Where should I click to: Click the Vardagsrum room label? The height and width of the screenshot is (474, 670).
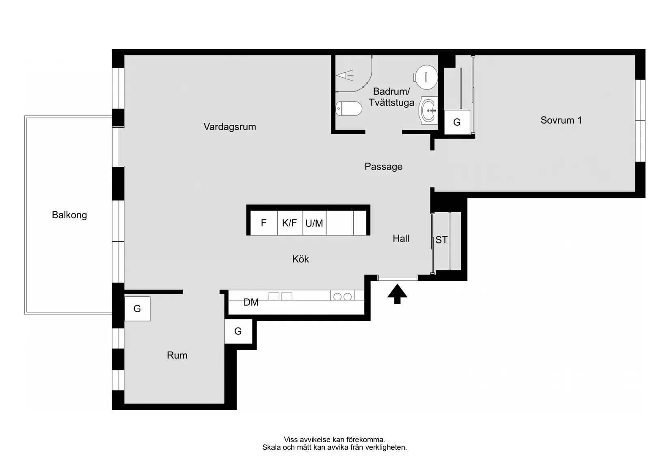click(229, 127)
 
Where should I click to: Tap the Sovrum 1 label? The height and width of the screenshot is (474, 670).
click(561, 120)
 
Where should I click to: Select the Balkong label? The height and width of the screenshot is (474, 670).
click(69, 215)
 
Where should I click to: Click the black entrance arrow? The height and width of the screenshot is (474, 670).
click(397, 294)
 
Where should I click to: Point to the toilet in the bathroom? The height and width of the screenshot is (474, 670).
click(349, 109)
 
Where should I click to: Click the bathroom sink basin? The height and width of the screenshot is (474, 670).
click(429, 110)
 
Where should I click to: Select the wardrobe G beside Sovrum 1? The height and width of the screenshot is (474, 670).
click(457, 122)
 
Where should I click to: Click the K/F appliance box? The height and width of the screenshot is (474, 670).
click(290, 223)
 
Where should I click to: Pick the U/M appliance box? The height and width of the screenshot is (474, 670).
click(314, 223)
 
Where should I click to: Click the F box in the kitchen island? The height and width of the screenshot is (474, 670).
click(264, 223)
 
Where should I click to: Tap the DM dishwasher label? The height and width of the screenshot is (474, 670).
click(251, 302)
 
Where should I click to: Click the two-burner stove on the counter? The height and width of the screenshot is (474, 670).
click(342, 297)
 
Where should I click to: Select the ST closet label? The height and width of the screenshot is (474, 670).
click(441, 240)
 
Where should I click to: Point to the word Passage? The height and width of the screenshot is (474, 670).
click(383, 167)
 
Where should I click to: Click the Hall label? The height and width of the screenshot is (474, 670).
click(401, 239)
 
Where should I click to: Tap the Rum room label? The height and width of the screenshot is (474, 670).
click(177, 355)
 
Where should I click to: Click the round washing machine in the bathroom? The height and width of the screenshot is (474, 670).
click(426, 76)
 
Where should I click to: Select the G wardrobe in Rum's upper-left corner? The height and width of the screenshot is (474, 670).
click(137, 309)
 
